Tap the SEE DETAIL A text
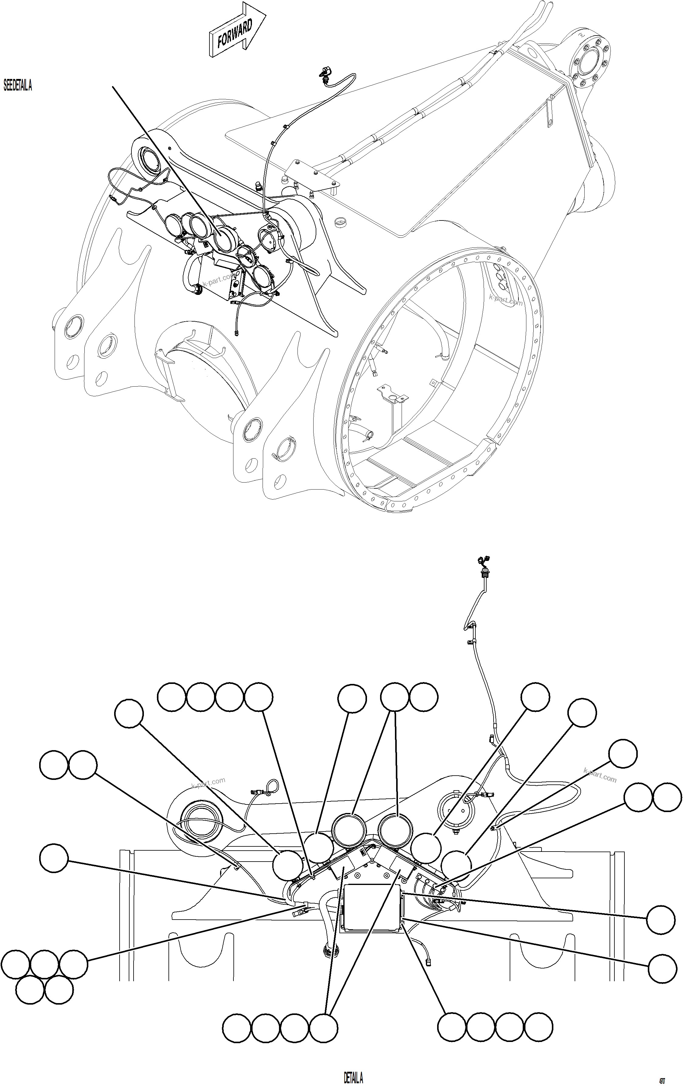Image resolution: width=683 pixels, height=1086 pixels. pos(18,85)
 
